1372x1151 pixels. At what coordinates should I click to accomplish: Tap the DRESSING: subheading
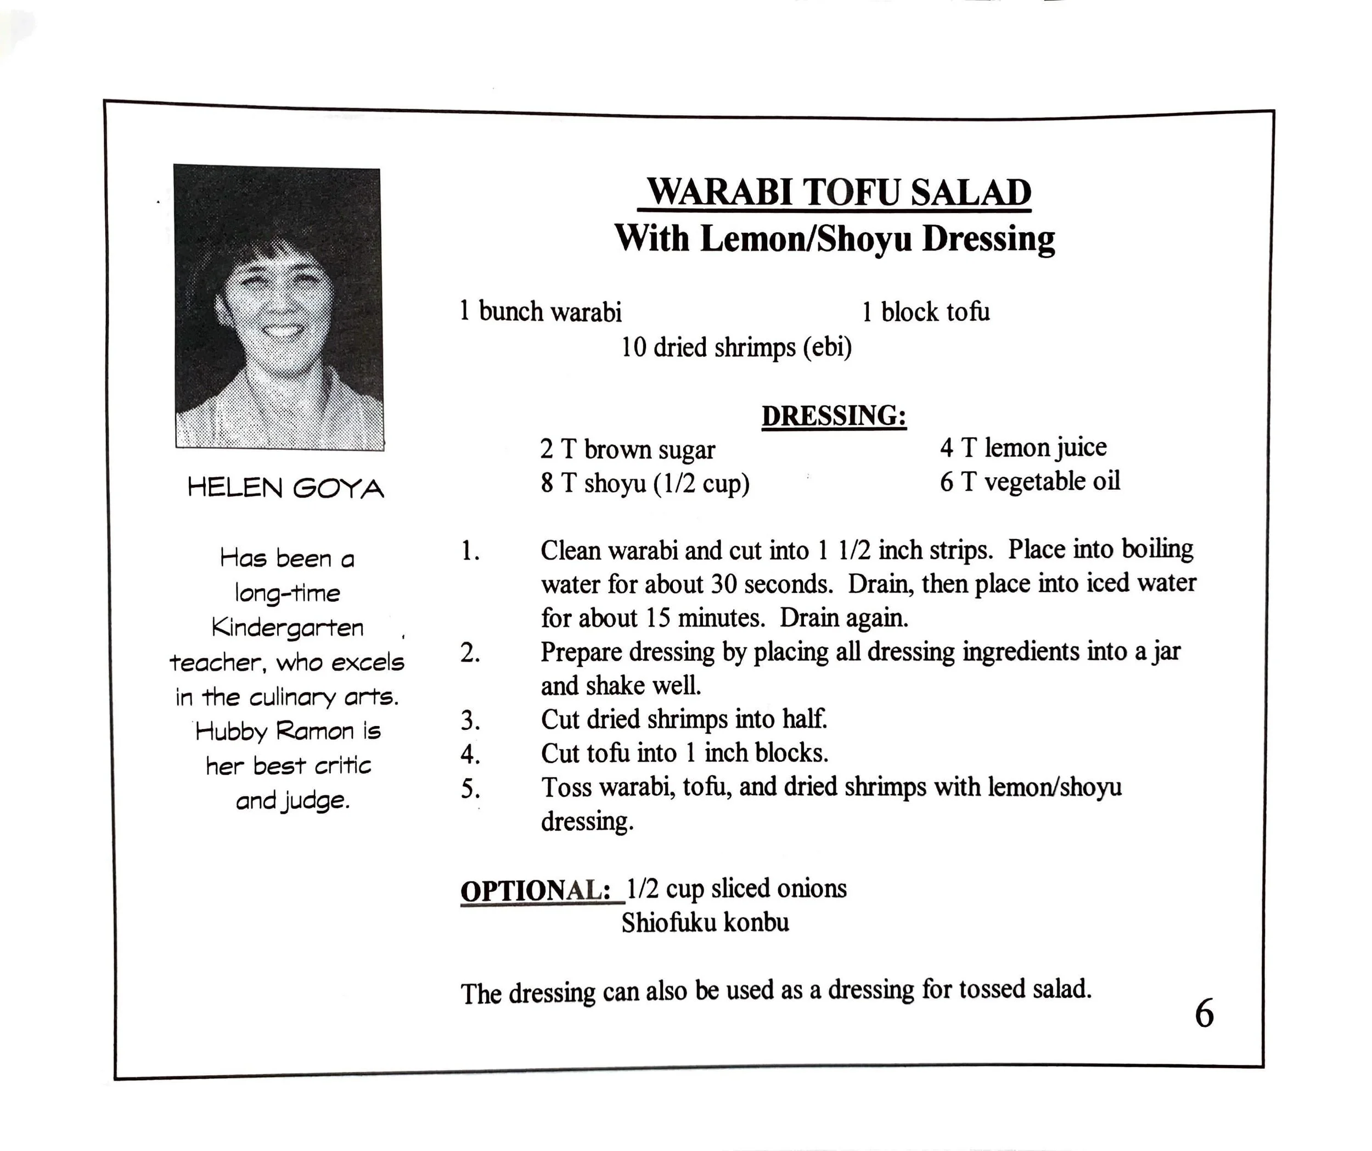coord(834,416)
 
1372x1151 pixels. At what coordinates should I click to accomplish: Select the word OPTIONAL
coord(535,890)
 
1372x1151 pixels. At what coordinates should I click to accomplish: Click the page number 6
coord(1204,1014)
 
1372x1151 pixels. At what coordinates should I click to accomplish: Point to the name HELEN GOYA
coord(285,488)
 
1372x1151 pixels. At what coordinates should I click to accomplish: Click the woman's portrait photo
coord(279,306)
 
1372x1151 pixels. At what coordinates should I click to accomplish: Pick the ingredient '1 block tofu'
coord(925,312)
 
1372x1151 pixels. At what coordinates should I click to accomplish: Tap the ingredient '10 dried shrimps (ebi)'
coord(736,347)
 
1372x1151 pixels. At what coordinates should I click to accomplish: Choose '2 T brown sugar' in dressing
coord(627,450)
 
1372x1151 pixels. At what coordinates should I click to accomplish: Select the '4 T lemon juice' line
coord(1023,448)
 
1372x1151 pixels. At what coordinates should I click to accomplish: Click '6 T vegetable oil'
coord(1030,482)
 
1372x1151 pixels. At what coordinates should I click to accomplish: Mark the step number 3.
coord(470,721)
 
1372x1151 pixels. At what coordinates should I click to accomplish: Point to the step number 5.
coord(470,789)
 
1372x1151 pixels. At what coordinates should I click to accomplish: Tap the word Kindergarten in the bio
coord(288,628)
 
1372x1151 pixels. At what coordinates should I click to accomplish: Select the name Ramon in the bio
coord(315,731)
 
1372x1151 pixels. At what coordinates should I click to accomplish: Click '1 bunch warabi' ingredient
coord(541,312)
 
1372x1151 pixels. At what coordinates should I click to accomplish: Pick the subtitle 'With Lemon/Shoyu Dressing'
coord(834,238)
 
